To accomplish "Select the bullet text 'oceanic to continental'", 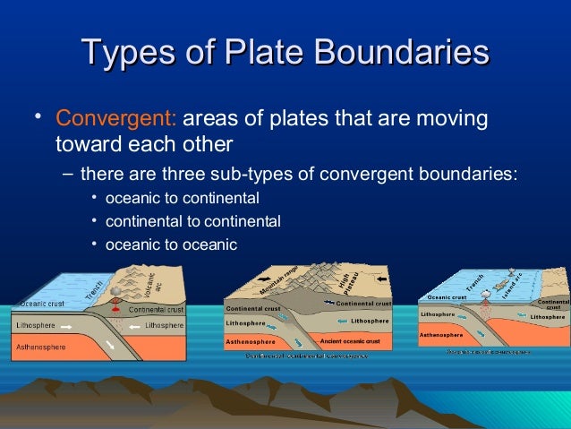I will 182,197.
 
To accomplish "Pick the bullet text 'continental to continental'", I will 192,220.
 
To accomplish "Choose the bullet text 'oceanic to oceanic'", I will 171,243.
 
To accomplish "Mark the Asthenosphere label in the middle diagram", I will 250,341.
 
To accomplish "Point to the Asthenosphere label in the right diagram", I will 440,334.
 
